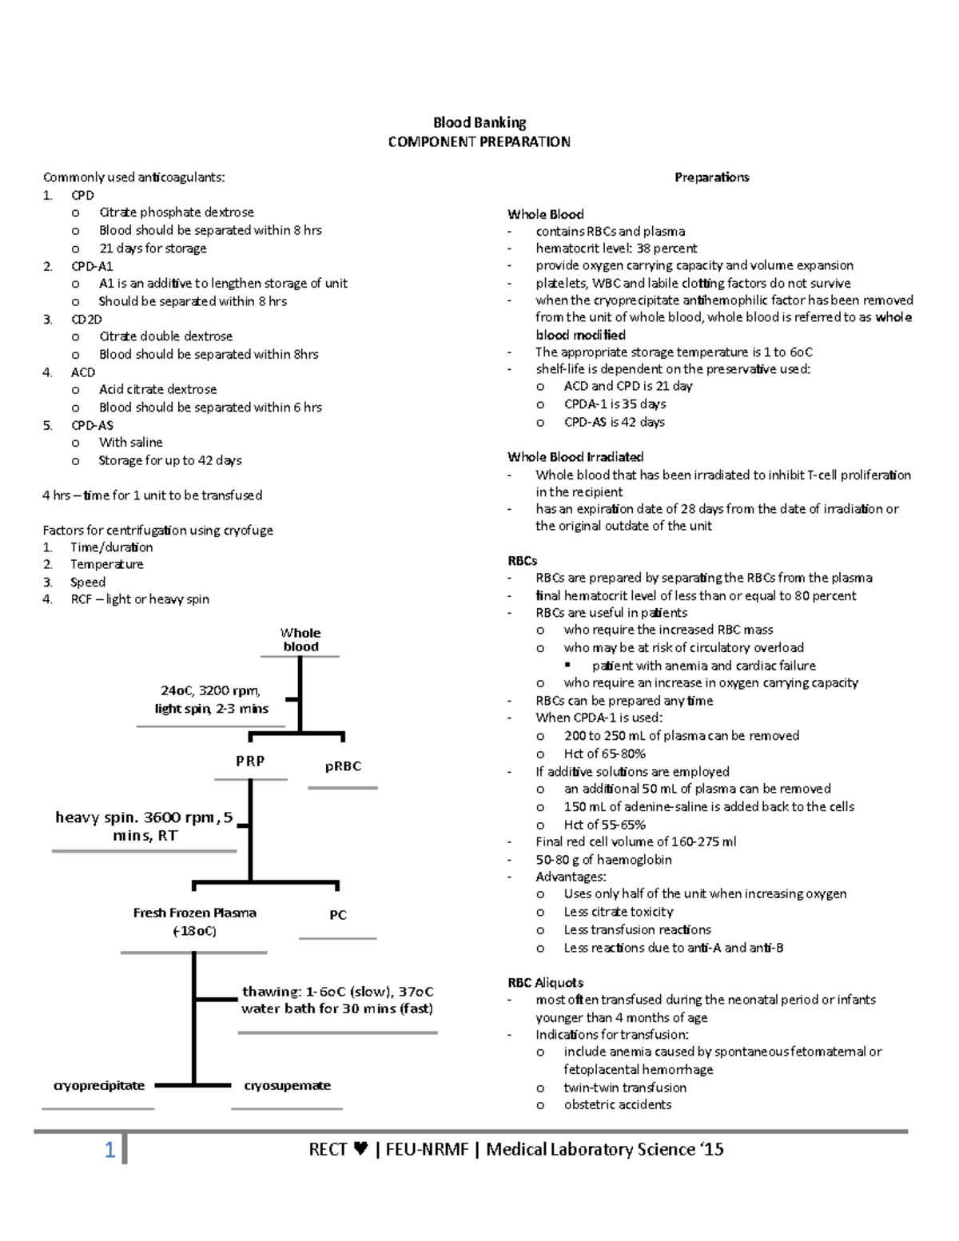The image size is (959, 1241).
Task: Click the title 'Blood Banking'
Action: click(479, 123)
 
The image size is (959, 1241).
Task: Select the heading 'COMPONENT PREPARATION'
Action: click(479, 142)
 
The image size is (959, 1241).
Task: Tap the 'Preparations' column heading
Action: click(711, 177)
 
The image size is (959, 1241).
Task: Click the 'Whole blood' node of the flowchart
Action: click(300, 640)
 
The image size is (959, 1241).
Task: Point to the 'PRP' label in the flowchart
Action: click(250, 762)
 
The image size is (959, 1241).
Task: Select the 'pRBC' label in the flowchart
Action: click(343, 766)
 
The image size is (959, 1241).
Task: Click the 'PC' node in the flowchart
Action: click(338, 915)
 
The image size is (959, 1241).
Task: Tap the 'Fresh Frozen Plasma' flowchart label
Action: click(194, 913)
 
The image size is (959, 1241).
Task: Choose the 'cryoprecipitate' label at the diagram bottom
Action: click(99, 1086)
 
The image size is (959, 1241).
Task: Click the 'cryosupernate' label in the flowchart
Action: click(287, 1086)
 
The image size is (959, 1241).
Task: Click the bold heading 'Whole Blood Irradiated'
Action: click(575, 457)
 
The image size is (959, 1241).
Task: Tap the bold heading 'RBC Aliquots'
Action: click(545, 983)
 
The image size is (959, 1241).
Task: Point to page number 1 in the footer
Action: click(109, 1152)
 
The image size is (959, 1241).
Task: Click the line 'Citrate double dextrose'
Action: click(165, 336)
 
